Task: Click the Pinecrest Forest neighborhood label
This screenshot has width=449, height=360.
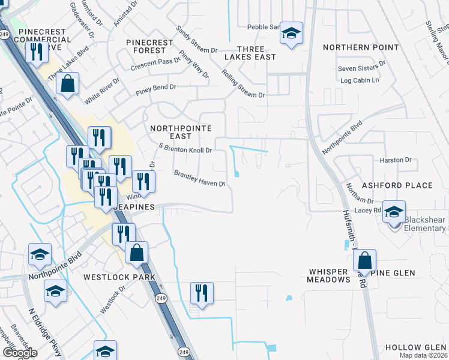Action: point(149,47)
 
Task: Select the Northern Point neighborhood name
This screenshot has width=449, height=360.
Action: point(360,47)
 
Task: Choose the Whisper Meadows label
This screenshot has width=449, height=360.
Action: point(328,276)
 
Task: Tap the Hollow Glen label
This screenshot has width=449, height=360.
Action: point(416,348)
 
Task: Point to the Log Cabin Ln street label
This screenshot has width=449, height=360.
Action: point(360,80)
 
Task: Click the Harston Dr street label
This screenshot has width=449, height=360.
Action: point(395,160)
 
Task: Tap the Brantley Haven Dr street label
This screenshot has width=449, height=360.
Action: point(199,178)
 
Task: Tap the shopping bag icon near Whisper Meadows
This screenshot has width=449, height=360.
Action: point(364,261)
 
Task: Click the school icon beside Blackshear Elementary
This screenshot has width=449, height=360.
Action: point(394,212)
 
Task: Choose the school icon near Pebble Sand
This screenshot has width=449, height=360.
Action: point(291,34)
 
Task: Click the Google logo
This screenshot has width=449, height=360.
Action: point(20,353)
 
